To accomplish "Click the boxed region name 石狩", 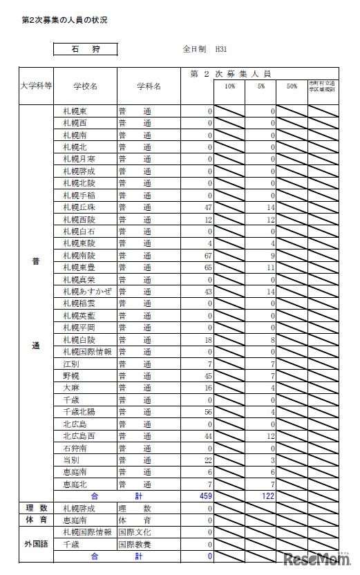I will tap(85, 50).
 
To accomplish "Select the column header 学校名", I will tap(85, 86).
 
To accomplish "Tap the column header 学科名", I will tap(149, 86).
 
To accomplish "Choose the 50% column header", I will tap(292, 86).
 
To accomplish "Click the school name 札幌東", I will tap(75, 111).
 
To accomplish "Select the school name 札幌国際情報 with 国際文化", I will tap(87, 532).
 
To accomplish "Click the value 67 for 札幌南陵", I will tap(207, 256).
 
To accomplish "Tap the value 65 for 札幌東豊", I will tap(207, 268).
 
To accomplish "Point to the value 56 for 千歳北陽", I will tap(207, 412).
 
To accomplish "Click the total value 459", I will tap(205, 496).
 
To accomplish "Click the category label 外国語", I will tap(36, 544).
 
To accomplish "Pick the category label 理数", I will tap(36, 508).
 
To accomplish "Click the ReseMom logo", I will tap(316, 558).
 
